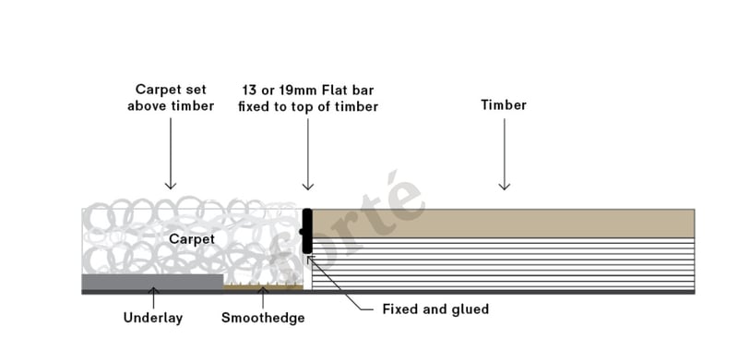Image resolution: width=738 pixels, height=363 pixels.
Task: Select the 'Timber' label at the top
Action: (x=504, y=104)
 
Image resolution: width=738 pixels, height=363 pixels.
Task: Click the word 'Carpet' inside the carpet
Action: (x=192, y=239)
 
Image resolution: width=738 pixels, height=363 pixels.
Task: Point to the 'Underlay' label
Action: (x=153, y=318)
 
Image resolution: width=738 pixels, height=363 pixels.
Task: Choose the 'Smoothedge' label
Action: (x=263, y=318)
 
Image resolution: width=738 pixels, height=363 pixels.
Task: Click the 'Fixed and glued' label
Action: (x=435, y=309)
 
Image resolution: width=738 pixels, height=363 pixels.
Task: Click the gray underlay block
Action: (x=152, y=282)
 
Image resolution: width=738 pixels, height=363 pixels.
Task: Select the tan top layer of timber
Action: (x=503, y=223)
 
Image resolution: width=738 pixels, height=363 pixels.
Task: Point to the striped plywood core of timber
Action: (x=503, y=263)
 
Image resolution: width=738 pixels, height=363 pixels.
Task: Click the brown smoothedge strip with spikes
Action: (x=263, y=286)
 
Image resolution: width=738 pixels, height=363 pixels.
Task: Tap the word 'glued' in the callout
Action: (x=469, y=309)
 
